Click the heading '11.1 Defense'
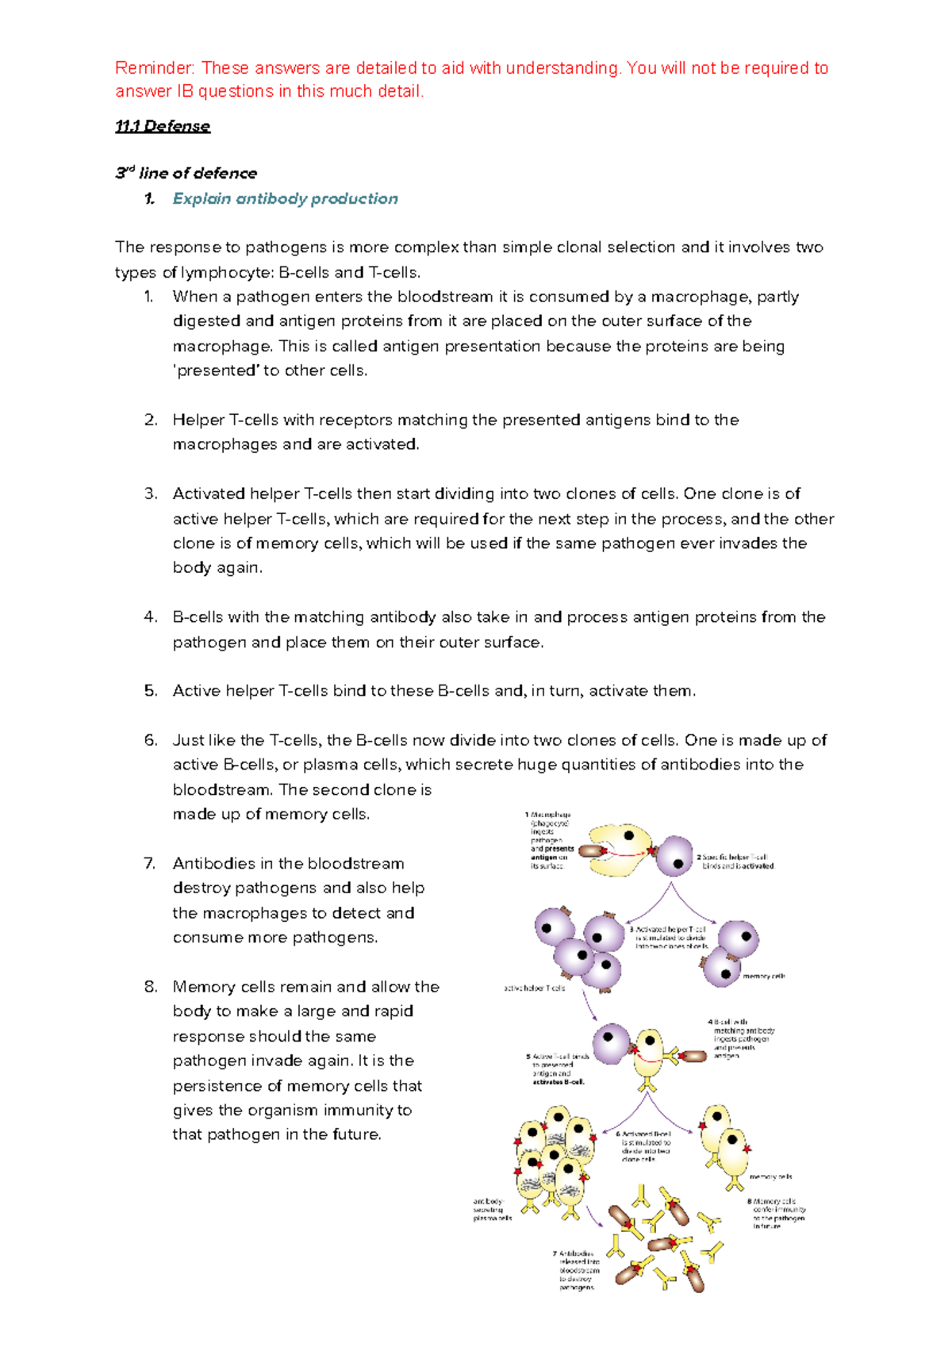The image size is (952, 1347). point(163,126)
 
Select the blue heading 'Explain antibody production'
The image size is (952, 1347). point(285,199)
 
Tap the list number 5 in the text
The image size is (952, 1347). point(151,691)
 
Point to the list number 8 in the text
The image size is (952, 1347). point(151,987)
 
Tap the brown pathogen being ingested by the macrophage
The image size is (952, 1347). point(592,851)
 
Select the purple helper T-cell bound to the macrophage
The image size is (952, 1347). point(675,856)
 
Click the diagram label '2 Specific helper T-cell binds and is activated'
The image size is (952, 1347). point(735,862)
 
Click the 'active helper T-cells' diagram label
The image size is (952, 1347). point(535,988)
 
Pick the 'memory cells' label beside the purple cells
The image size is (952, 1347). point(763,977)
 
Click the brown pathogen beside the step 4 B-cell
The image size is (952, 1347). point(695,1056)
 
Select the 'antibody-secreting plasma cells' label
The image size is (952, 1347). point(492,1210)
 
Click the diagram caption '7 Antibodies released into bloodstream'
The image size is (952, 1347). point(578,1270)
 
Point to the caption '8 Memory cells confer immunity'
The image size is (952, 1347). point(776,1214)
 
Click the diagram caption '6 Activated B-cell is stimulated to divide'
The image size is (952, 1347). point(646,1146)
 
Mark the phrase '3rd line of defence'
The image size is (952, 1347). point(186,173)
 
